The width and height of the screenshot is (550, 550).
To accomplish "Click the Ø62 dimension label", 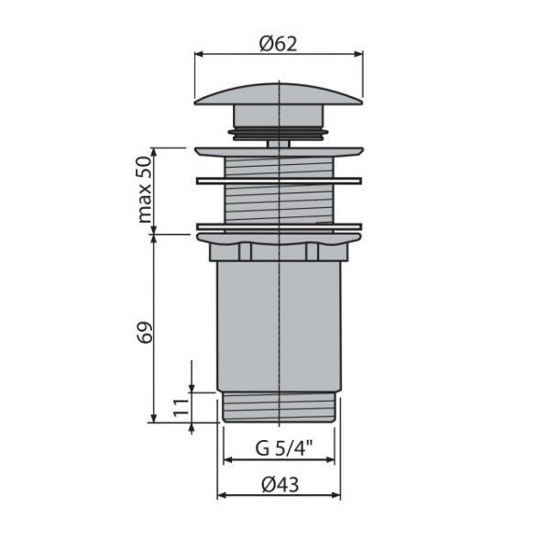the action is click(x=278, y=44).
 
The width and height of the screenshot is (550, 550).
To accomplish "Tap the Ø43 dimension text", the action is click(x=280, y=484).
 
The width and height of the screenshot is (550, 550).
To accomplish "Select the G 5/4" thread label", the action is click(x=284, y=448).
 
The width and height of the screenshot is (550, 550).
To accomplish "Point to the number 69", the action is click(x=146, y=332).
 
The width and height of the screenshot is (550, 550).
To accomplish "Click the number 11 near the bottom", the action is click(x=181, y=407).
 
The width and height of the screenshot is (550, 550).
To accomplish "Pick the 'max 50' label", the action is click(x=145, y=190).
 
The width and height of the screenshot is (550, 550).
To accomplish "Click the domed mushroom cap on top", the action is click(x=279, y=93).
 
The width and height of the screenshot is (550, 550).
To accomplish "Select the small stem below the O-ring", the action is click(x=278, y=144).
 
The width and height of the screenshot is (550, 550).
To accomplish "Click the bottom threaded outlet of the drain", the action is click(x=280, y=406).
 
